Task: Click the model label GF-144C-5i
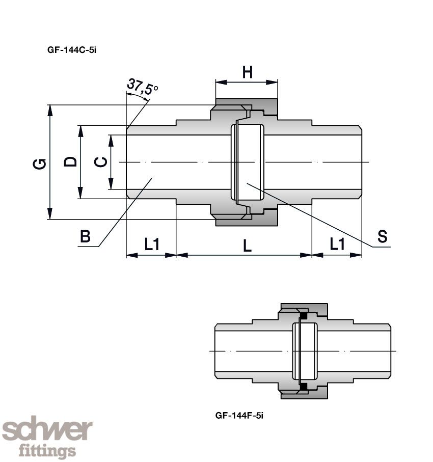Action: click(71, 50)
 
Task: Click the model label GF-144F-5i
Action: click(239, 415)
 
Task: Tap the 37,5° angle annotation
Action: click(142, 87)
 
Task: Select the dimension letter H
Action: click(247, 73)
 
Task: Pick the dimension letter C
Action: click(101, 161)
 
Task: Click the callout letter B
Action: click(85, 236)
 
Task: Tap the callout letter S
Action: click(382, 236)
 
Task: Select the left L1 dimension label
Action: click(151, 245)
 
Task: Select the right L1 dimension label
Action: click(337, 245)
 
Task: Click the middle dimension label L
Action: click(247, 246)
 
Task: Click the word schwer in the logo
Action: click(47, 431)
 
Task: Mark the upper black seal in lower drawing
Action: click(304, 316)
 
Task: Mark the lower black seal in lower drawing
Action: click(304, 387)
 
